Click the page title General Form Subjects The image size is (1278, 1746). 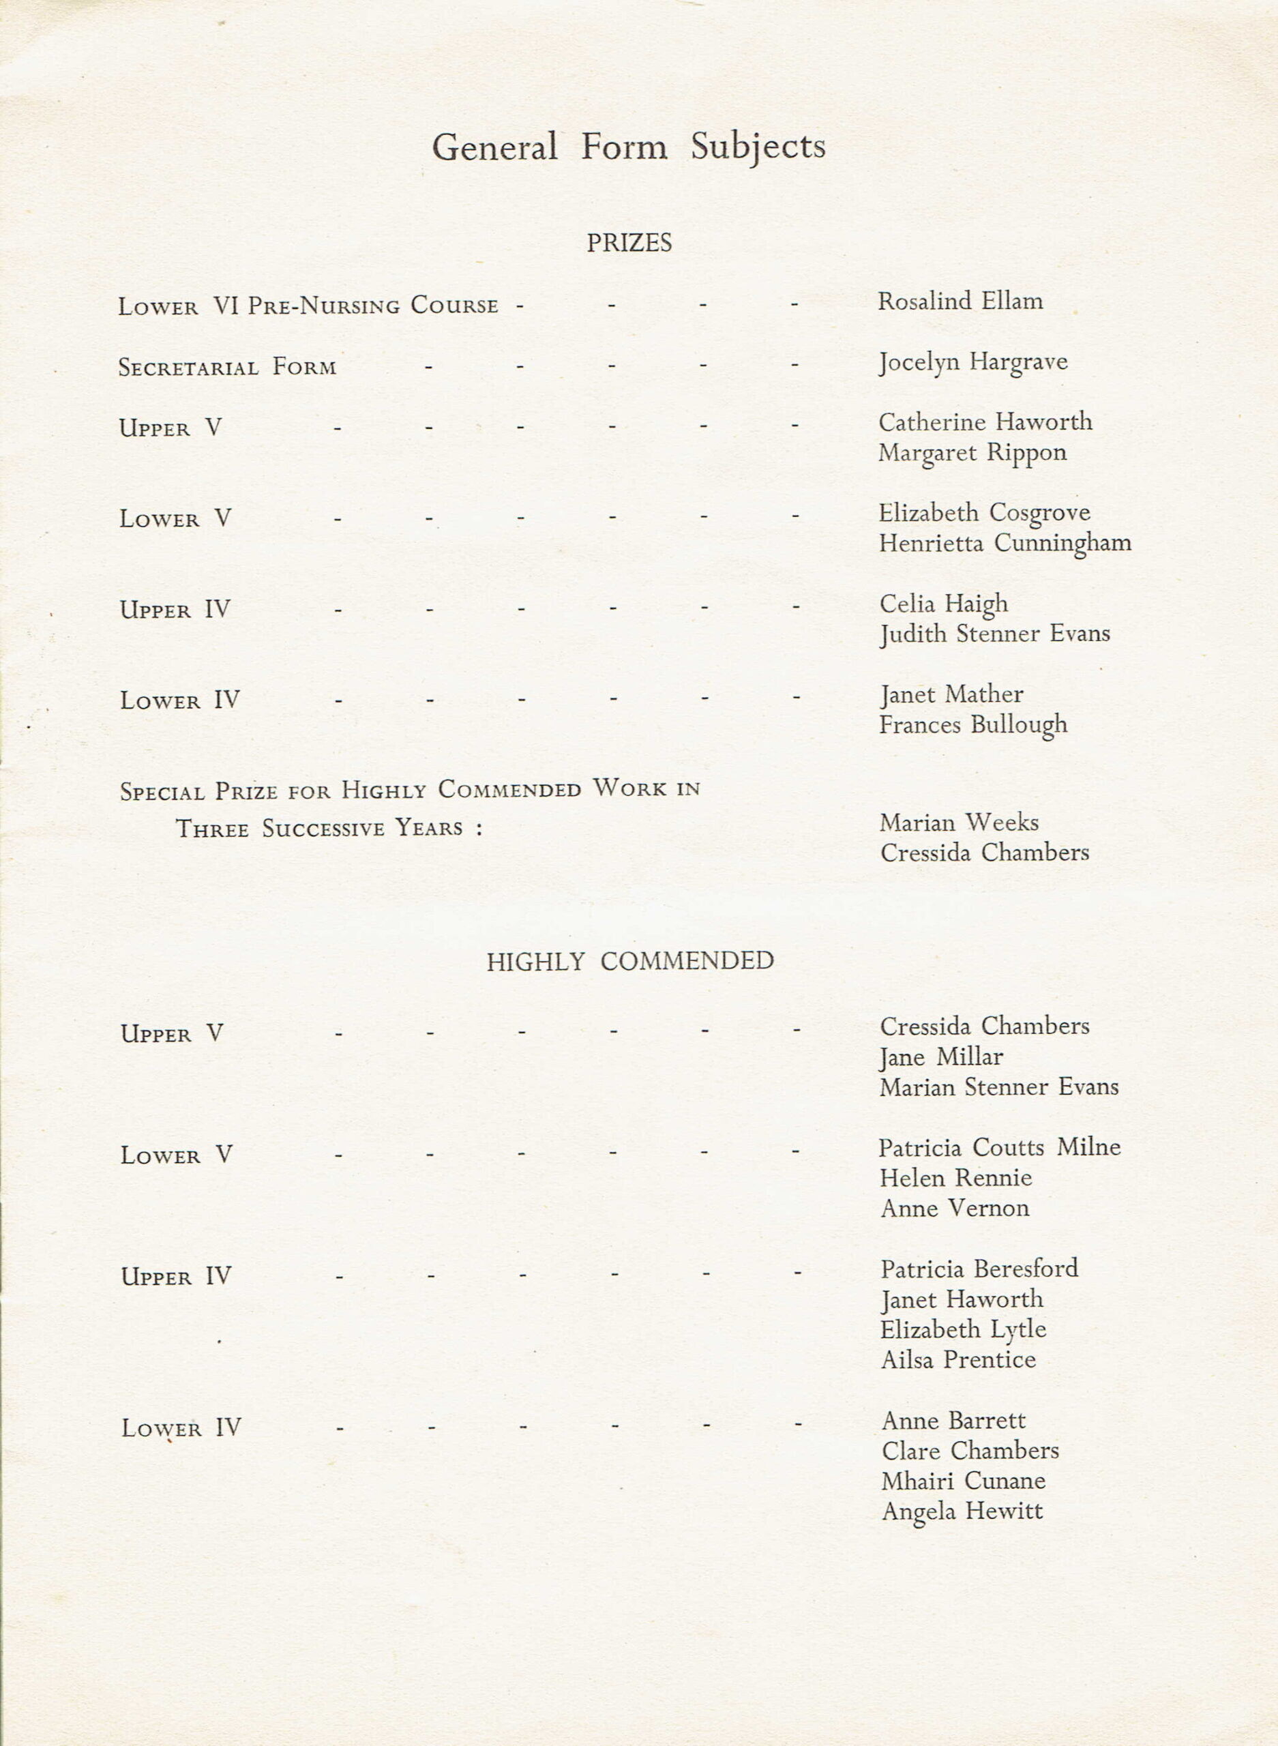pos(628,146)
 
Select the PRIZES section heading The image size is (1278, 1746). pos(628,243)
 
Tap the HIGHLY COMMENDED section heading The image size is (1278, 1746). pos(629,961)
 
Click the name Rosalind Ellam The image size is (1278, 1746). pos(960,300)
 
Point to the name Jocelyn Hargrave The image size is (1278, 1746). pos(972,362)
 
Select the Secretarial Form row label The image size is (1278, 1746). pos(228,367)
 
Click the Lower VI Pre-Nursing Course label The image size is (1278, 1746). pos(308,306)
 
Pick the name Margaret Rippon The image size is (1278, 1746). pos(972,454)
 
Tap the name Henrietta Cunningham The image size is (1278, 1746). pos(1005,543)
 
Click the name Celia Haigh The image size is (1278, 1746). pos(944,604)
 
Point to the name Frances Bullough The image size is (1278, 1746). pos(973,725)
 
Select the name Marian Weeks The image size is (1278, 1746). pos(960,823)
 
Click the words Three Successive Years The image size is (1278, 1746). pos(318,829)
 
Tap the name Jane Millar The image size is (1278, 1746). pos(942,1056)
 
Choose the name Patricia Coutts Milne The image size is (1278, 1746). pos(1000,1147)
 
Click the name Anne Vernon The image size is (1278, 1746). pos(955,1209)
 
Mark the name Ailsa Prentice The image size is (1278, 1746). pos(957,1360)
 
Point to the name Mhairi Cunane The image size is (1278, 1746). pos(963,1481)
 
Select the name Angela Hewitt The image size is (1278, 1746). pos(962,1511)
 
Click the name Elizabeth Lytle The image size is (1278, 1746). pos(963,1330)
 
